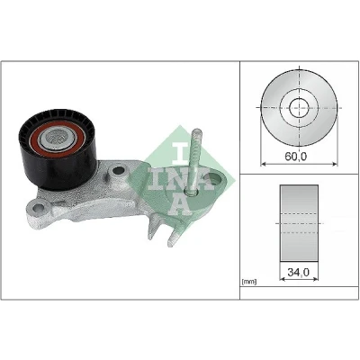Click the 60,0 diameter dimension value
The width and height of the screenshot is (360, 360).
(x=295, y=157)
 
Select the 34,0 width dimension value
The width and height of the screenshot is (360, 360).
(x=298, y=272)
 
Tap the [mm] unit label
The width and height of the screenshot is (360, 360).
(x=249, y=282)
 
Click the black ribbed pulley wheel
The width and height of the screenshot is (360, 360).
(x=58, y=149)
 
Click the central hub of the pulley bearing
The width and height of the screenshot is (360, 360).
(x=58, y=137)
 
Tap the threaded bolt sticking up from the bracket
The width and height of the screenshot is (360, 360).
(x=194, y=161)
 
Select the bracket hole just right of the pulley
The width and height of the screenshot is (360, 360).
(x=118, y=171)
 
